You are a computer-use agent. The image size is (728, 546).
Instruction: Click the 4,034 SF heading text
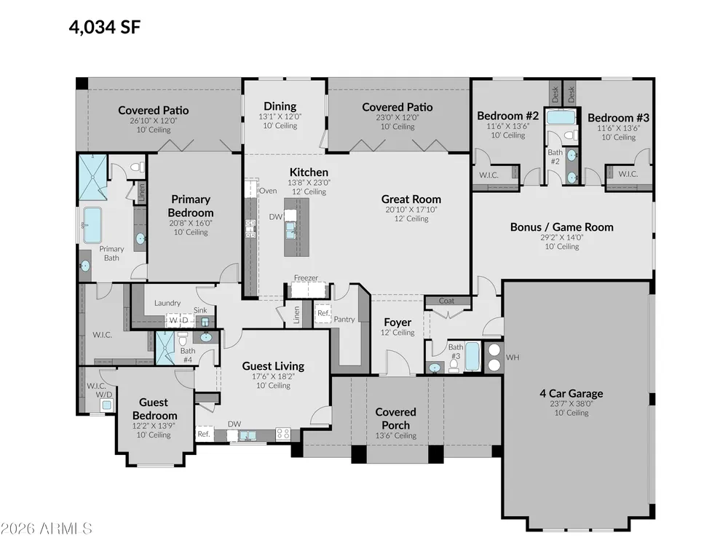point(104,27)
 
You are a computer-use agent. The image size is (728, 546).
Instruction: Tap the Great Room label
point(411,199)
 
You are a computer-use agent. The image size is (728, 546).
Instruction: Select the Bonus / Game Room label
point(562,227)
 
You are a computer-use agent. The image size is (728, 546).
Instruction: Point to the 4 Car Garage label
point(571,393)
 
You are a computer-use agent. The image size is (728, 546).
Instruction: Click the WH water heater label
point(513,357)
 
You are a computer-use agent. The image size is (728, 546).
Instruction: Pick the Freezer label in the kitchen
point(306,277)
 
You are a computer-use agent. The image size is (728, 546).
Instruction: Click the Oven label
point(268,190)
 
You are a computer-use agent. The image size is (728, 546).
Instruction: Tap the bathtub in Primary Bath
point(92,225)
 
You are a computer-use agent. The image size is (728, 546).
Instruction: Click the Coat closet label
point(447,301)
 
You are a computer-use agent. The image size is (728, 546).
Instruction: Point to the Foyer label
point(397,323)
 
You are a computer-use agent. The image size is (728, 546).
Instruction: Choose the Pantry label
point(344,319)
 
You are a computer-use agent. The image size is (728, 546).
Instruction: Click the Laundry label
point(167,303)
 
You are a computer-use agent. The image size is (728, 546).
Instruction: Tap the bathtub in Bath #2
point(561,117)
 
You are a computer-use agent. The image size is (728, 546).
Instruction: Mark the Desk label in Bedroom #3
point(571,95)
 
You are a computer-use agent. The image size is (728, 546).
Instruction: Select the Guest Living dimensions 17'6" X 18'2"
point(274,376)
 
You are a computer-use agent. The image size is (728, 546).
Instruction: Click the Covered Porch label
point(395,419)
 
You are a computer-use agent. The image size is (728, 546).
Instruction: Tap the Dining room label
point(280,106)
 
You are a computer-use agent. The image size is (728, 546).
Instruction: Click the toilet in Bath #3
point(454,365)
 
